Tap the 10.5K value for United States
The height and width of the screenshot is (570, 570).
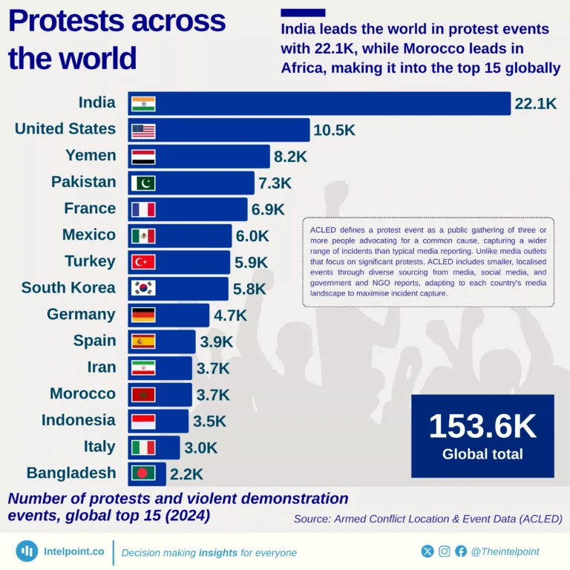click(334, 130)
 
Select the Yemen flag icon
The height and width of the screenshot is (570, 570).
click(143, 157)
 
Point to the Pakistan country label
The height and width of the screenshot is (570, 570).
click(84, 182)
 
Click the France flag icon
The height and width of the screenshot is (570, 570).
click(143, 209)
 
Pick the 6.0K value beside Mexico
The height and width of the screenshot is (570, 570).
click(252, 236)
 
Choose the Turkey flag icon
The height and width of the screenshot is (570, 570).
click(143, 262)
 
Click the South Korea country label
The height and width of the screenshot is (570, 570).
click(68, 288)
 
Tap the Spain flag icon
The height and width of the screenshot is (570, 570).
click(143, 341)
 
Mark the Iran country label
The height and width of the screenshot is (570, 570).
click(102, 367)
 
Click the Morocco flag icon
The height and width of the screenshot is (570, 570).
click(143, 394)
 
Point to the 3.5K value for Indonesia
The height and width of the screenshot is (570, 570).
click(209, 422)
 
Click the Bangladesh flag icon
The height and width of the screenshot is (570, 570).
click(143, 474)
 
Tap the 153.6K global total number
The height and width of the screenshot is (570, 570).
click(482, 427)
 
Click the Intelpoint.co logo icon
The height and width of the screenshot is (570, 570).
click(27, 551)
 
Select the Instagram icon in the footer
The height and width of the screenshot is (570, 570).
click(445, 551)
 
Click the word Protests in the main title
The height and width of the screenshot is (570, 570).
click(67, 22)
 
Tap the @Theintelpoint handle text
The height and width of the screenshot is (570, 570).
click(505, 551)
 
